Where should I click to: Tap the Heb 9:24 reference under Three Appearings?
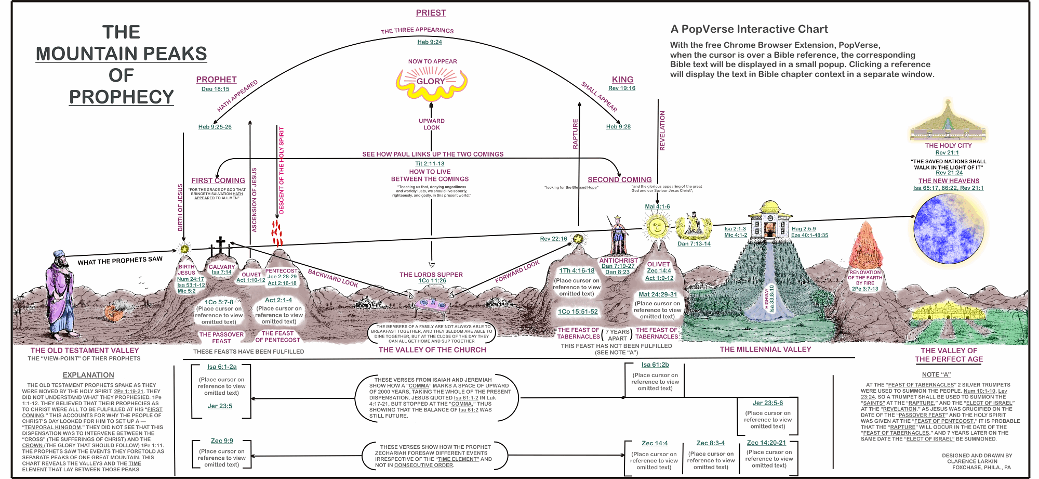430,42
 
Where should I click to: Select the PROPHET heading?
216,80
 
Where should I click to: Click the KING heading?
622,80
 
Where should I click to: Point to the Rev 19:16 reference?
622,88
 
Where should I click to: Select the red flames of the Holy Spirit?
277,233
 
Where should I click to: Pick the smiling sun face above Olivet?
657,227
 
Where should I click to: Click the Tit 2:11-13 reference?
430,163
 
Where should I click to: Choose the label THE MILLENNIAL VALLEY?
765,349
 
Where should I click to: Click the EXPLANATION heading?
88,375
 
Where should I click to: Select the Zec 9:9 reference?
222,441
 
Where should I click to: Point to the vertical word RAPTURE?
575,134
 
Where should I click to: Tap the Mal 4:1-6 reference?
657,206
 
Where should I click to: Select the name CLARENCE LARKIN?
972,461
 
